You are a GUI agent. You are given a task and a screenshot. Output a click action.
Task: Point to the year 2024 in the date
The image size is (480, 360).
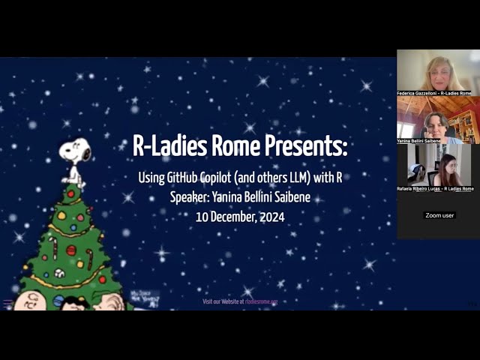pos(268,217)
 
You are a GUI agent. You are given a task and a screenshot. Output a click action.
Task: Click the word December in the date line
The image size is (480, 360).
pos(228,217)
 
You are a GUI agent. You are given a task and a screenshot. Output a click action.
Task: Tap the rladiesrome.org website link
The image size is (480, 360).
pos(261,301)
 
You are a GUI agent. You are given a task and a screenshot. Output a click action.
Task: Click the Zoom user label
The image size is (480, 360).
pos(439,215)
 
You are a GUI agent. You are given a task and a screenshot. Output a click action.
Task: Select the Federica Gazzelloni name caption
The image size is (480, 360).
pos(434,93)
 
